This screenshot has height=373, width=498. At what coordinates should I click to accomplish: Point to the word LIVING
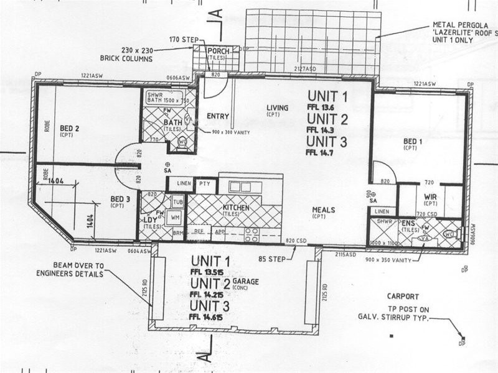pos(278,108)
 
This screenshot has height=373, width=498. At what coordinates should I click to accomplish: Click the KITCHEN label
pos(236,207)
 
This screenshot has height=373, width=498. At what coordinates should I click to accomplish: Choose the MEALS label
pos(323,210)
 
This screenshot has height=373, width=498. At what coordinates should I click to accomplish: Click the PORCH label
pos(218,52)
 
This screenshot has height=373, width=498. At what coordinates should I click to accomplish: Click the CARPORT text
pos(403,297)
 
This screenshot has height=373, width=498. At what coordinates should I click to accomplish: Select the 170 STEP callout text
pos(182,40)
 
